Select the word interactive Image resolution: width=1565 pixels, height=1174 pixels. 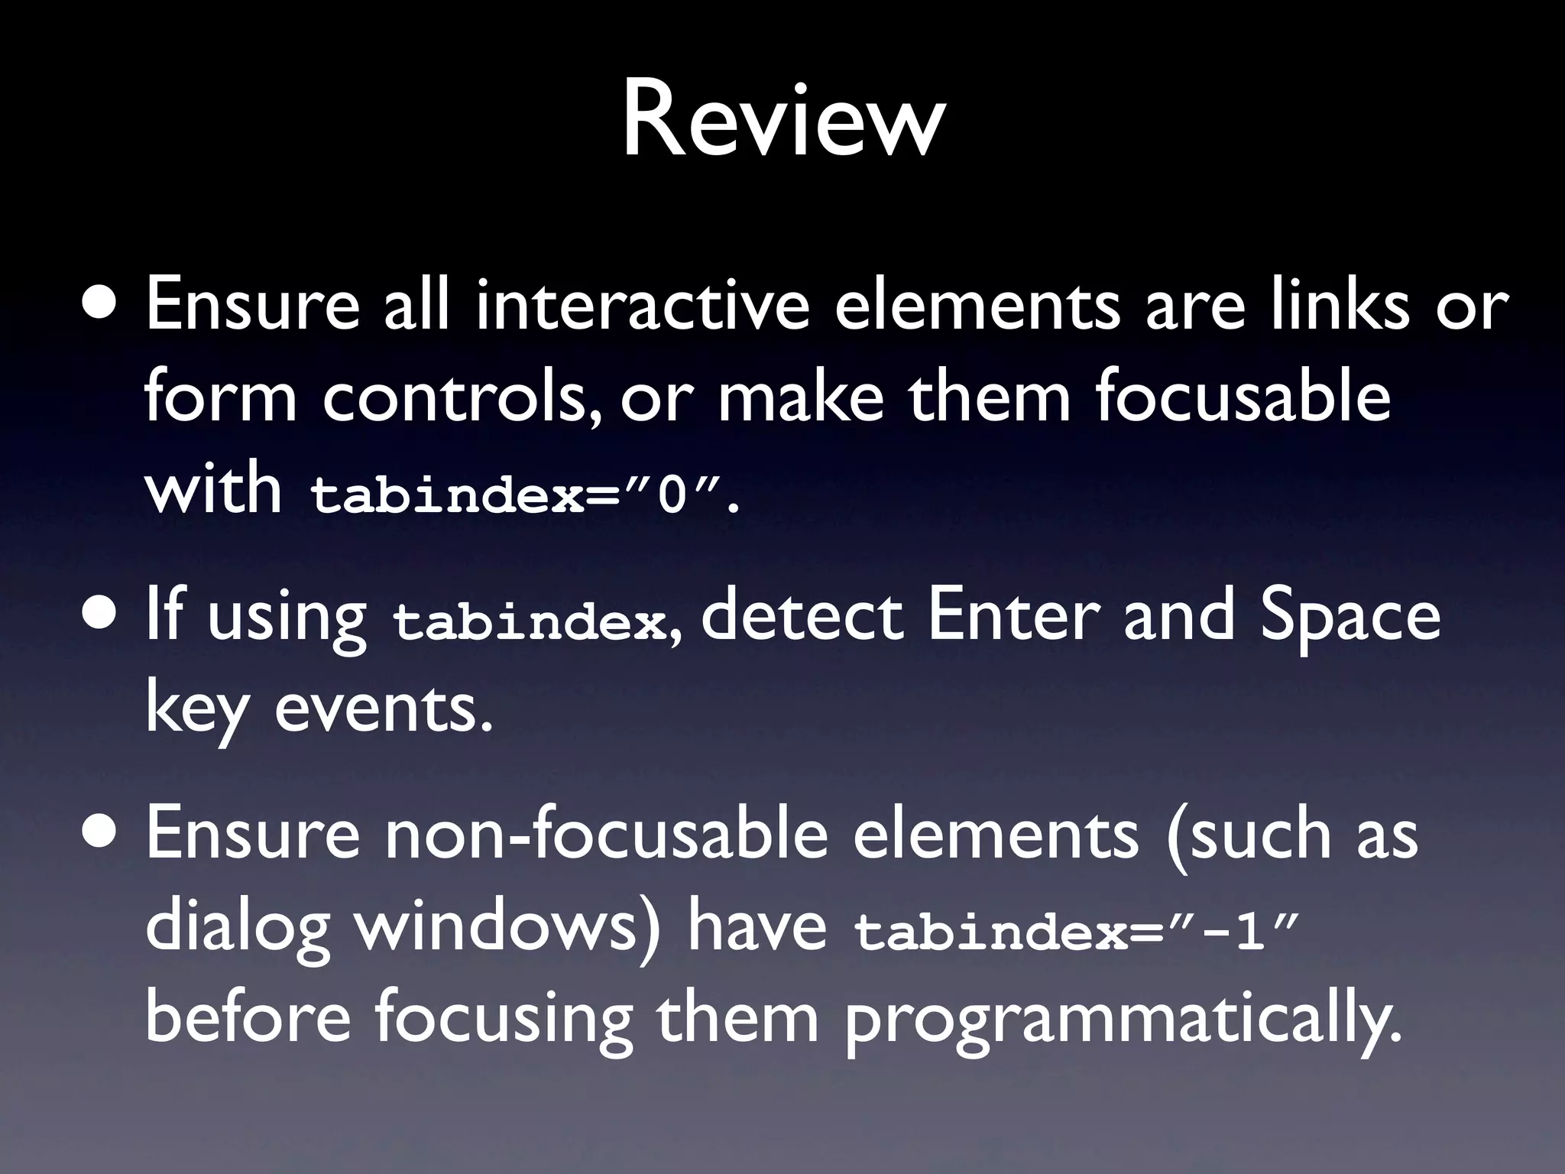642,306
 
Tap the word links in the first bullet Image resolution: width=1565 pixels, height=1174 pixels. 1339,306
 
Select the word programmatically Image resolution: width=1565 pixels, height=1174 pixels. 1123,1020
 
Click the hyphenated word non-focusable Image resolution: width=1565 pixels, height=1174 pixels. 605,835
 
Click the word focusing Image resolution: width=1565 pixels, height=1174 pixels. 504,1020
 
